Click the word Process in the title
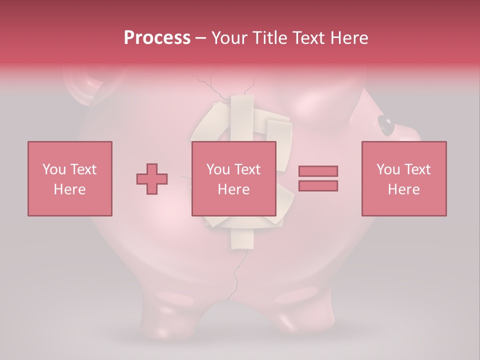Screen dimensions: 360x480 (x=157, y=37)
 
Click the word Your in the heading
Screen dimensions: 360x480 (x=230, y=37)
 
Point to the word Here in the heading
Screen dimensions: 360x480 (x=350, y=37)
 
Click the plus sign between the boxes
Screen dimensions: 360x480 (x=152, y=178)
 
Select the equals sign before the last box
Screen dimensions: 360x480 (x=318, y=178)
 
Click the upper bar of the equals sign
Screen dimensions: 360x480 (x=318, y=171)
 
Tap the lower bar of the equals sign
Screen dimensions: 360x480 (x=318, y=185)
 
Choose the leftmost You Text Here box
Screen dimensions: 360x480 (x=69, y=178)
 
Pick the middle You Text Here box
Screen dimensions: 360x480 (x=233, y=178)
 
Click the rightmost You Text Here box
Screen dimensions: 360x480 (x=403, y=178)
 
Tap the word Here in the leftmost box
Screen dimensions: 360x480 (x=69, y=189)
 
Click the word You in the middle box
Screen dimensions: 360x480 (x=218, y=169)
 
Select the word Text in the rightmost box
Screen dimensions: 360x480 (x=418, y=169)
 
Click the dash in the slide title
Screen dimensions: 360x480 (x=201, y=38)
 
